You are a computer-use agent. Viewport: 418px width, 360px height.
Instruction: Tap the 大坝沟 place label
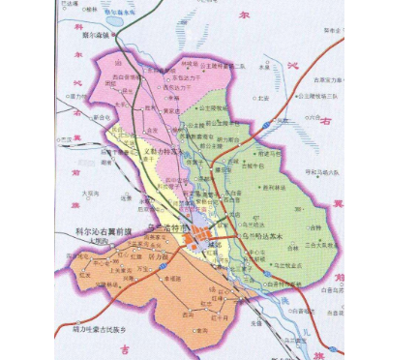[x=89, y=194]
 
